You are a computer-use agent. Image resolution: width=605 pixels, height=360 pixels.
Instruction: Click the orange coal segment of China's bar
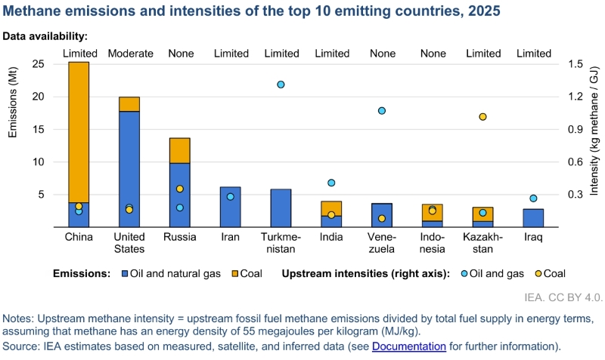(x=79, y=132)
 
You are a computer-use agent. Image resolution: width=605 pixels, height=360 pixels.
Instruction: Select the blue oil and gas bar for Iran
(x=231, y=207)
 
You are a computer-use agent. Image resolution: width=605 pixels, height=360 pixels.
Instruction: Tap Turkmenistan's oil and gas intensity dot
(x=281, y=85)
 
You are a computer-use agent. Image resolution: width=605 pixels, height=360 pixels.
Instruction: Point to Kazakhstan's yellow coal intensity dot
(x=482, y=117)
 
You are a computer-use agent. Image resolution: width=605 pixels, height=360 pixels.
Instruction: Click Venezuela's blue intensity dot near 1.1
(x=382, y=111)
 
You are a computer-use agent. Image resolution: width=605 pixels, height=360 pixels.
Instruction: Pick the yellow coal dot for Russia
(x=180, y=189)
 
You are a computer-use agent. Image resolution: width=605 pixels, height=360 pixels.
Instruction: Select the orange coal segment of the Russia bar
(x=180, y=150)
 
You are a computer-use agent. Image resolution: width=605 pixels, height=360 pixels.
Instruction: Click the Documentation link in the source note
(x=409, y=346)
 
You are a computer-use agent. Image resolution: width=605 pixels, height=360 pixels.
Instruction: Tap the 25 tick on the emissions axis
(x=39, y=64)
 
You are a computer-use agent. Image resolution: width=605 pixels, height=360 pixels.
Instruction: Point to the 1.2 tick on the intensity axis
(x=576, y=97)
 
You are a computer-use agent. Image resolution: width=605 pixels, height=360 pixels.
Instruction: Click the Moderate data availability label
(x=130, y=53)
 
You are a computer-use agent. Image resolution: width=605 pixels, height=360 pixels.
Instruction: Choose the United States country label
(x=129, y=242)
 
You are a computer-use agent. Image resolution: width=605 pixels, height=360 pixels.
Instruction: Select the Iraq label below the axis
(x=533, y=237)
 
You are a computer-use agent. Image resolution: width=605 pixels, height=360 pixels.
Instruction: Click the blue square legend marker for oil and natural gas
(x=125, y=274)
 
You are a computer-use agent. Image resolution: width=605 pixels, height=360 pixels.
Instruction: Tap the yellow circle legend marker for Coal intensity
(x=538, y=274)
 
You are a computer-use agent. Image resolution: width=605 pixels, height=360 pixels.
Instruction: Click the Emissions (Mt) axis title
(x=13, y=103)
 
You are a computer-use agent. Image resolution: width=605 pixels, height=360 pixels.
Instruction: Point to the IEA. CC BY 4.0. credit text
(x=563, y=297)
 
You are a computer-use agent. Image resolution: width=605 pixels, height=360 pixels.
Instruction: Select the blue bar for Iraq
(x=533, y=218)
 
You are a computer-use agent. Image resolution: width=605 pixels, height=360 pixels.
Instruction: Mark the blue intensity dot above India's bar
(x=331, y=183)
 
